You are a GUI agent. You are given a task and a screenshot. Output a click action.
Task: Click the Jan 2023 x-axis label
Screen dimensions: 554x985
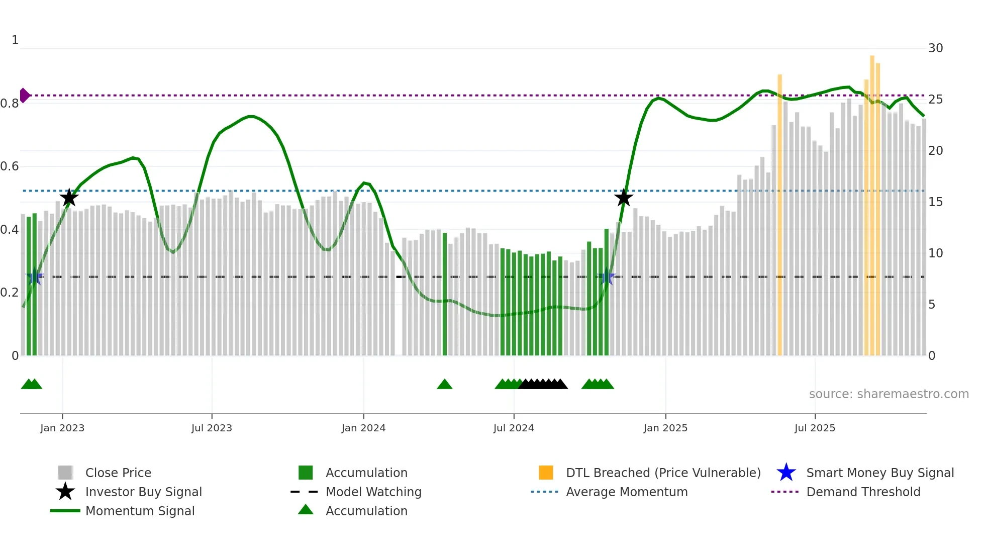[62, 428]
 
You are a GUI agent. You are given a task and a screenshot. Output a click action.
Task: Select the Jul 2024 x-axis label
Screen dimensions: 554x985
[514, 428]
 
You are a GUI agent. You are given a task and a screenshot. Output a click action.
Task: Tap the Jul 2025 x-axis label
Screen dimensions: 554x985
[815, 428]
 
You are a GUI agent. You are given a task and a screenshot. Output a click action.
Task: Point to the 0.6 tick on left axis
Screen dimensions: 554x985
[10, 166]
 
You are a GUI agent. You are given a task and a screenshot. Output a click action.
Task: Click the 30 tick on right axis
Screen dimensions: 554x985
[935, 48]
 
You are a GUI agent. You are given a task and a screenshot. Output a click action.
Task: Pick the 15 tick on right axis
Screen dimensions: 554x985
[935, 202]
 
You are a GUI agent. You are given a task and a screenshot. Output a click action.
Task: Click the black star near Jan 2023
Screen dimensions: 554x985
[69, 198]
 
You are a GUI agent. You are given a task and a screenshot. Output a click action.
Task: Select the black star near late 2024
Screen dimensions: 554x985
[624, 198]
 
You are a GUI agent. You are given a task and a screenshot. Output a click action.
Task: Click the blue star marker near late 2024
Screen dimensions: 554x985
[607, 276]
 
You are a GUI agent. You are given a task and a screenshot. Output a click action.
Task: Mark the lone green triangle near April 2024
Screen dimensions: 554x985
[445, 385]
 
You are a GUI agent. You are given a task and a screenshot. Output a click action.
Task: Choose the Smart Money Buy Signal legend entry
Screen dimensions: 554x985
[879, 473]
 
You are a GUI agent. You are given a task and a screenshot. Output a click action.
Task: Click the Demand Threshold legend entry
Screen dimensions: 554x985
[863, 492]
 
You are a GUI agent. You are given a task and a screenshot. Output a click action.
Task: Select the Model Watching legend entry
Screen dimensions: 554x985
[373, 492]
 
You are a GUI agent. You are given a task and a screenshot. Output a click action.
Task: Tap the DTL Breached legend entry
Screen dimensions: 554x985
[663, 473]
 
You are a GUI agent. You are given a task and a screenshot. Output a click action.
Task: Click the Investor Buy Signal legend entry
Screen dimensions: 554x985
[143, 492]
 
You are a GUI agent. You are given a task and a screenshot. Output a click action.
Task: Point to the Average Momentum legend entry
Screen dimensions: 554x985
[626, 492]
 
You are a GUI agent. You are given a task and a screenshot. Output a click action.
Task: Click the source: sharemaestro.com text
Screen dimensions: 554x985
[889, 394]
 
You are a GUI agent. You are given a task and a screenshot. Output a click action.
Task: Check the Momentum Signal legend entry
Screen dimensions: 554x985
[140, 511]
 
